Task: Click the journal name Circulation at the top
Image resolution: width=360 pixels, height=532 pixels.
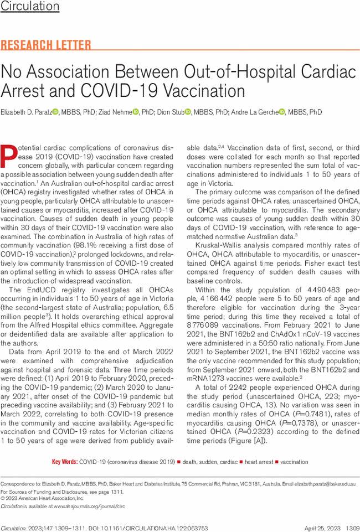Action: click(x=30, y=7)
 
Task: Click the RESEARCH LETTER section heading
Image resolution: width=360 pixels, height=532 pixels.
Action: click(x=46, y=45)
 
